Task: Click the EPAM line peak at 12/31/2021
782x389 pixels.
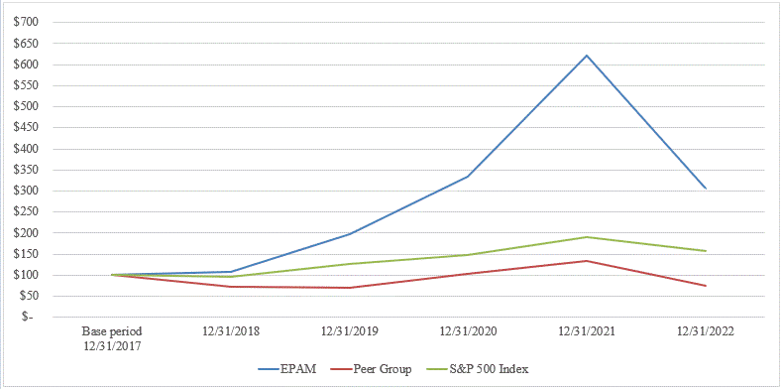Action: point(587,56)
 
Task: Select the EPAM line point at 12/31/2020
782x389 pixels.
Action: point(468,177)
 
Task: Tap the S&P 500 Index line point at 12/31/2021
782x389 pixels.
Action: point(587,237)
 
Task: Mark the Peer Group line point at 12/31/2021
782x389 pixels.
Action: point(587,261)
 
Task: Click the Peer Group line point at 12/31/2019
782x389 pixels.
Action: point(349,288)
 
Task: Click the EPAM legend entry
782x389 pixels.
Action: point(287,369)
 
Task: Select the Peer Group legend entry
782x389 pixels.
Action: point(373,369)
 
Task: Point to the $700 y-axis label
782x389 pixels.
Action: point(26,22)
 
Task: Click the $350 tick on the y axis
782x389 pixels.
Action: point(26,170)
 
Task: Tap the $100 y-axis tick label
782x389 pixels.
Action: point(26,275)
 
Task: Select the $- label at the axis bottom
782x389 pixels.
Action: point(32,318)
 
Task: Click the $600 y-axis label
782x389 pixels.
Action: point(26,65)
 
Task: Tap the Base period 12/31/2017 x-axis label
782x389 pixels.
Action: point(111,336)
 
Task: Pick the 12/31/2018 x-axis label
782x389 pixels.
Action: point(230,330)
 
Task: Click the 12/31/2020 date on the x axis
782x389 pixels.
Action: point(468,330)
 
